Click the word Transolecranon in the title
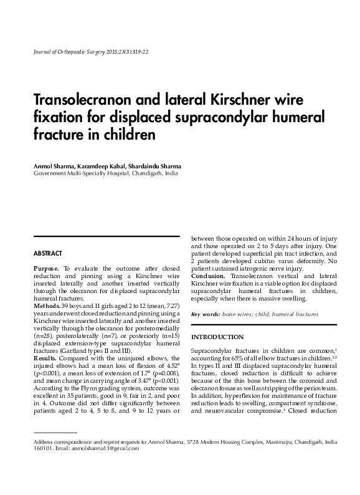tap(77, 100)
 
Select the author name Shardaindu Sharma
tap(156, 166)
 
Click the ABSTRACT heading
tap(47, 254)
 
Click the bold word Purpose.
tap(47, 268)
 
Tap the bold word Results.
tap(45, 358)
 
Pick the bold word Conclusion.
tap(208, 275)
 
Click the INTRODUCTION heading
tap(217, 337)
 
